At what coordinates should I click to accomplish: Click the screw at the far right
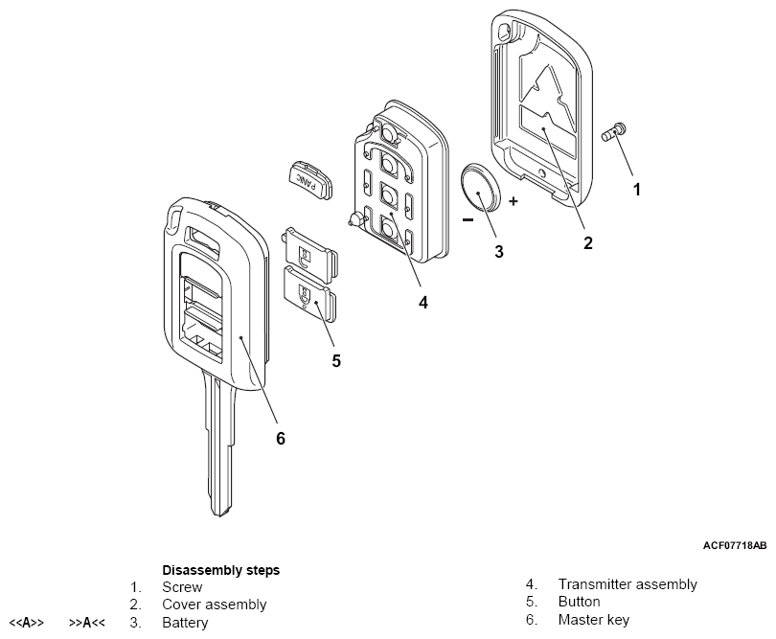pyautogui.click(x=614, y=131)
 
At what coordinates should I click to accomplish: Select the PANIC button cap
pyautogui.click(x=309, y=178)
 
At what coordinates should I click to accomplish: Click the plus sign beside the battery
pyautogui.click(x=514, y=202)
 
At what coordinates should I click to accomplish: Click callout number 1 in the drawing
pyautogui.click(x=636, y=190)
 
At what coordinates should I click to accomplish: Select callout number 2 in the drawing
pyautogui.click(x=587, y=243)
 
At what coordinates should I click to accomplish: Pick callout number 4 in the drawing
pyautogui.click(x=422, y=303)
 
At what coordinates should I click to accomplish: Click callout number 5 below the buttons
pyautogui.click(x=336, y=361)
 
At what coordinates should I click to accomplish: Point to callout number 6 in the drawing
pyautogui.click(x=281, y=438)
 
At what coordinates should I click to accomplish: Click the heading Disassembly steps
pyautogui.click(x=221, y=569)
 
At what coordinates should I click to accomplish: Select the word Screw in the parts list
pyautogui.click(x=182, y=587)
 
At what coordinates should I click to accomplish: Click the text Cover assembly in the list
pyautogui.click(x=215, y=605)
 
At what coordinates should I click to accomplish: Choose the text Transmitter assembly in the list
pyautogui.click(x=628, y=584)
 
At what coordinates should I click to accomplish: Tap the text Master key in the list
pyautogui.click(x=594, y=620)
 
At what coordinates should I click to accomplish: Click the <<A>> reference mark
pyautogui.click(x=27, y=623)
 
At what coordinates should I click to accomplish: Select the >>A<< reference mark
pyautogui.click(x=87, y=623)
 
